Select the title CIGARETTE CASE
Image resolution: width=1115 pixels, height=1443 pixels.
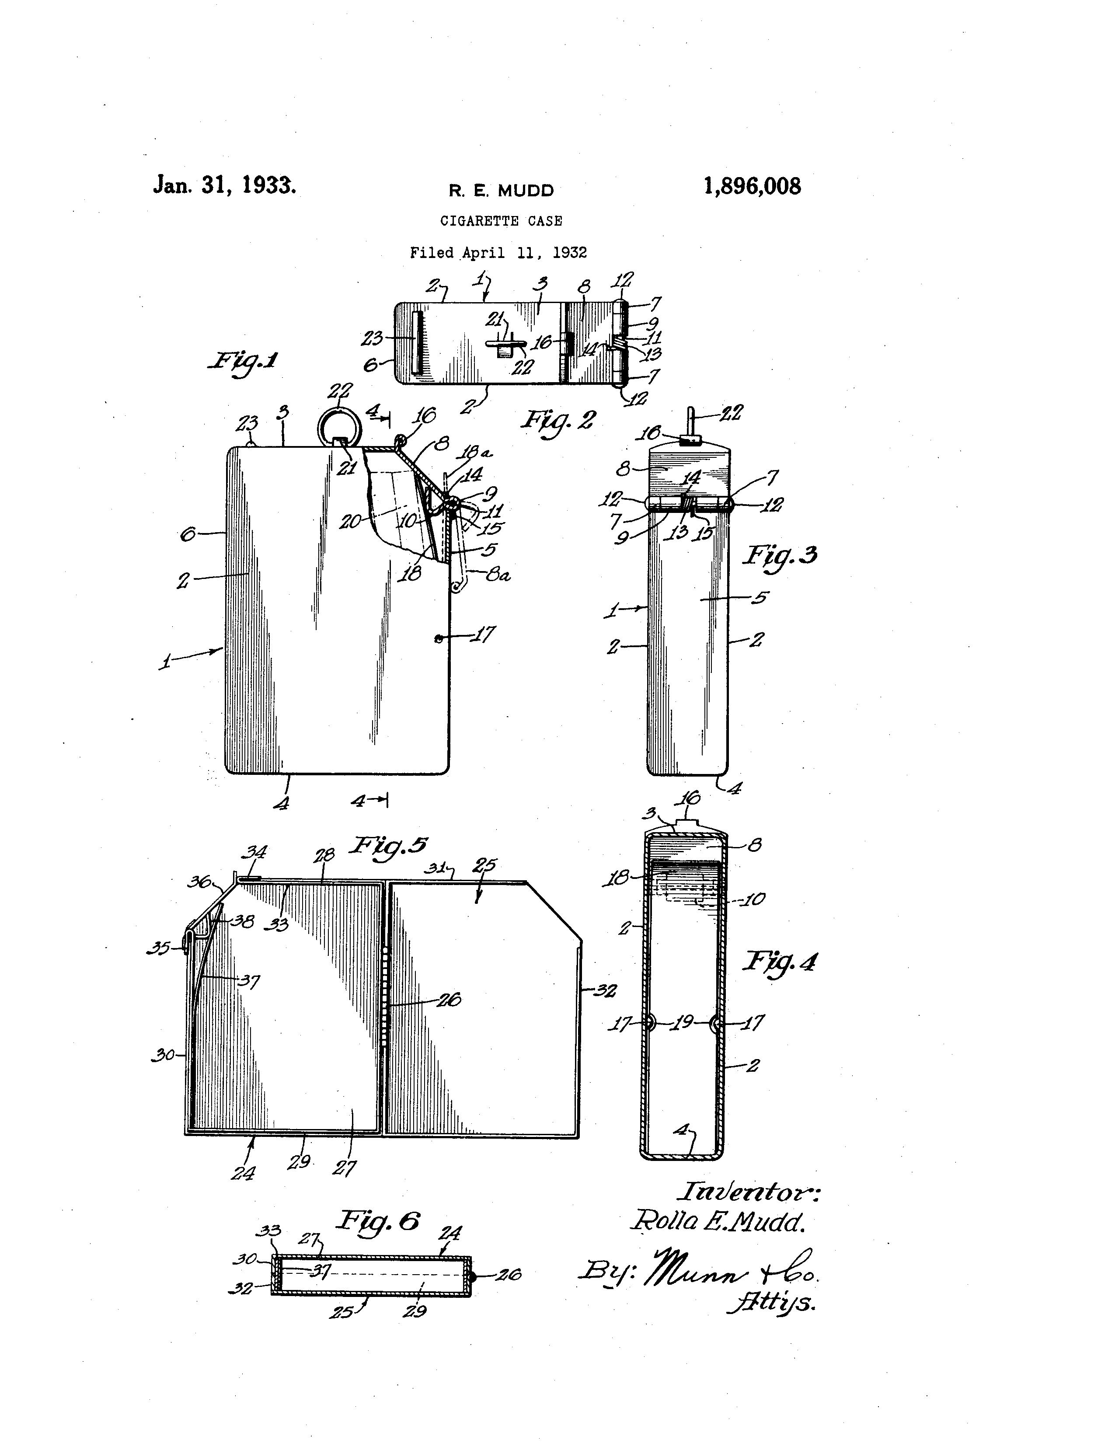tap(502, 221)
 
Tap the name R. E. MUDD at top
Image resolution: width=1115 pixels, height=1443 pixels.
tap(502, 191)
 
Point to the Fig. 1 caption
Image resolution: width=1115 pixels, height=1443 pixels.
tap(242, 362)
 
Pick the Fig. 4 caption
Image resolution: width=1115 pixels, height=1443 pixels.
tap(780, 961)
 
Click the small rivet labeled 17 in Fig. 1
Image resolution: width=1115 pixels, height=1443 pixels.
tap(437, 638)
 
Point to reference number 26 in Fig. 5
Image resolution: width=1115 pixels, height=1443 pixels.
tap(449, 1000)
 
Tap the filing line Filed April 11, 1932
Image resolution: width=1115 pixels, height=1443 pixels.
tap(499, 252)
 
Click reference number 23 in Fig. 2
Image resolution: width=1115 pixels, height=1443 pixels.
tap(372, 338)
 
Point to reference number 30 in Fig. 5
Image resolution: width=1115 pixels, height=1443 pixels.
tap(163, 1055)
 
